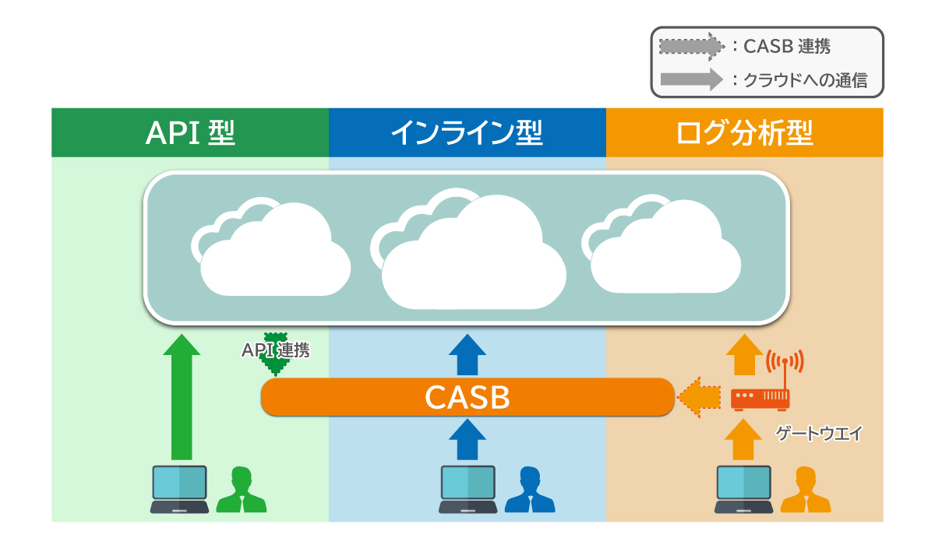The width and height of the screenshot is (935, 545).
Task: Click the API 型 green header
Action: [190, 133]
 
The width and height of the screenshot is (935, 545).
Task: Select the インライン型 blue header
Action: [467, 133]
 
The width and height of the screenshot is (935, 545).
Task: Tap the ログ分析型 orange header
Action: [744, 133]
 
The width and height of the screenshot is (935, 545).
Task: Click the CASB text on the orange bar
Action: [467, 397]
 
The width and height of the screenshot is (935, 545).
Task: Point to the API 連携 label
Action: [275, 351]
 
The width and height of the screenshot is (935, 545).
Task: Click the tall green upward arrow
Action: [182, 396]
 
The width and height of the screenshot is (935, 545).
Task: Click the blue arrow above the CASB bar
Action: [467, 355]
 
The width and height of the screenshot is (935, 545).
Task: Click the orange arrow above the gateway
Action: [744, 355]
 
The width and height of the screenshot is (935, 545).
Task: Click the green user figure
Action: [241, 490]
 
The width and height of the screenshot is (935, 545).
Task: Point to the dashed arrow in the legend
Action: [690, 47]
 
